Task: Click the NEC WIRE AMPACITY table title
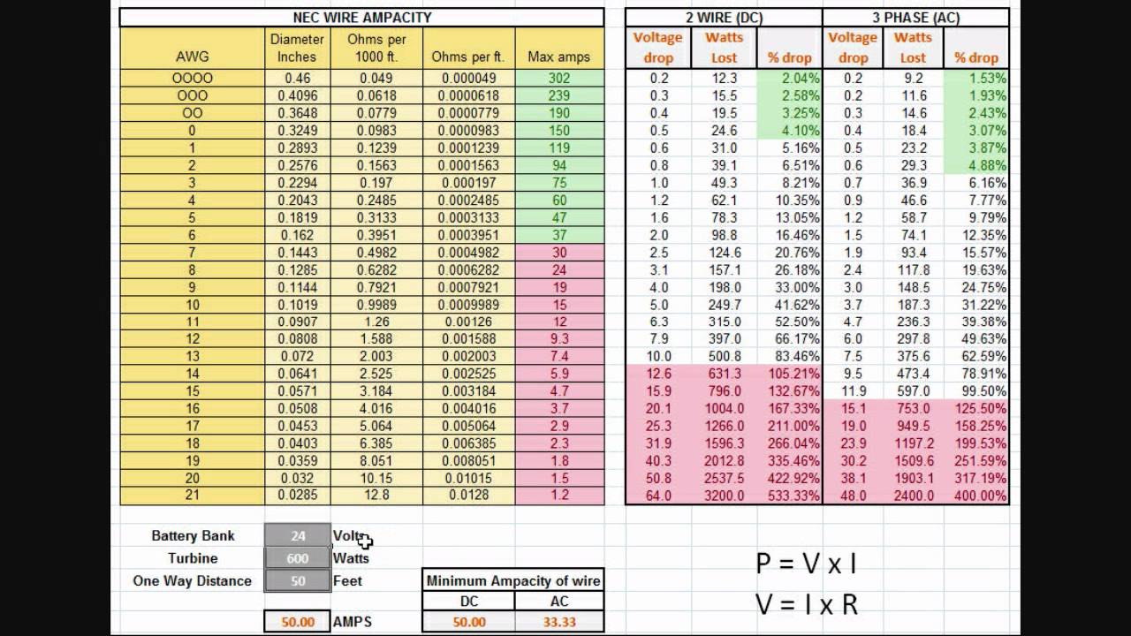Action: (362, 18)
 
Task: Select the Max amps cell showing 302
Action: (558, 79)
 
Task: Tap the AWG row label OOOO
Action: (192, 79)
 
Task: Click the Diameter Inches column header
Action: (297, 48)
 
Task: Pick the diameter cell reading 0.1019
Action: (297, 305)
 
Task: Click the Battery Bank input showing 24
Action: (297, 535)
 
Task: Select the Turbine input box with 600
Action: (297, 558)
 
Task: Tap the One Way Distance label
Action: (192, 581)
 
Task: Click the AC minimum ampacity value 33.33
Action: (558, 622)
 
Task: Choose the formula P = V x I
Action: (806, 564)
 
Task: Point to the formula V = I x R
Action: (806, 604)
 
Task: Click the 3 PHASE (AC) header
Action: (915, 18)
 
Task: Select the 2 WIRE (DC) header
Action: (724, 18)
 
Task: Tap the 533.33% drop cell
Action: (790, 496)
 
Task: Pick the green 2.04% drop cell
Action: (790, 79)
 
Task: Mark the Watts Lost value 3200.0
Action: (724, 496)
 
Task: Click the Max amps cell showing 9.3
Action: (558, 339)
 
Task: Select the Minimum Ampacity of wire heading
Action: (513, 580)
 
